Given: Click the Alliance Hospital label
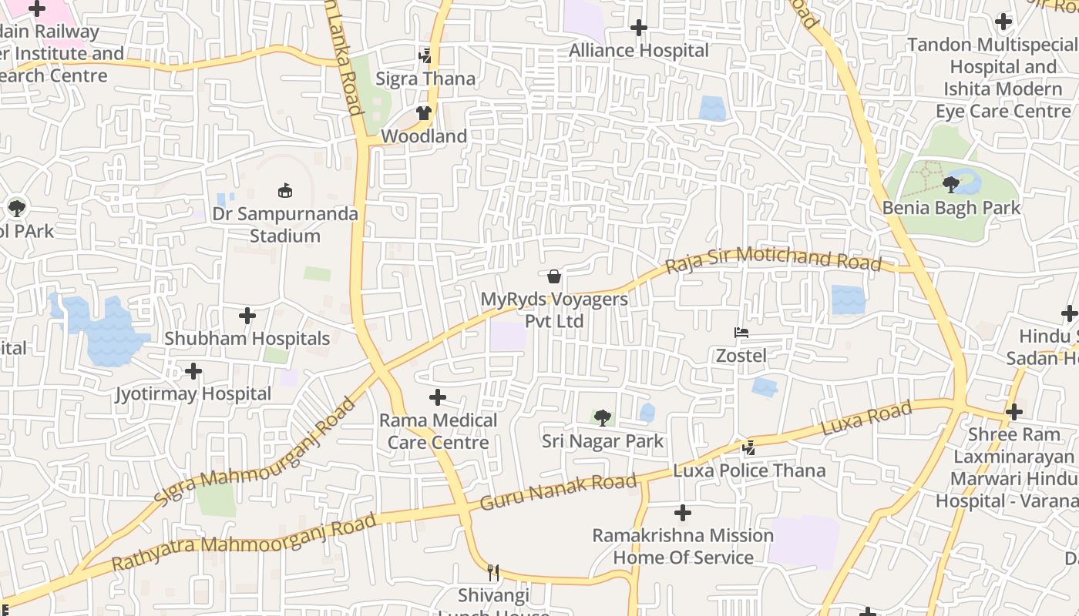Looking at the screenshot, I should click(638, 51).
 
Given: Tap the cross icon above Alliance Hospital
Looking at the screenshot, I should click(638, 28).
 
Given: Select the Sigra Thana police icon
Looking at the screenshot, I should click(425, 55).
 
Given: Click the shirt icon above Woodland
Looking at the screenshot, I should click(423, 113).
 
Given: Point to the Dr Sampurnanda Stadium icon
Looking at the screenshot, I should click(285, 190).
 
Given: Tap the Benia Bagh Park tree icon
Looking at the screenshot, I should click(951, 185).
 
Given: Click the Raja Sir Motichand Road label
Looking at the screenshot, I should click(773, 259).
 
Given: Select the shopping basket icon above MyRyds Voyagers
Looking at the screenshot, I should click(553, 276).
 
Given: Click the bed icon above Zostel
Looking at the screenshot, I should click(741, 333).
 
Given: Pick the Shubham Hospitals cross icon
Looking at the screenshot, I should click(247, 316).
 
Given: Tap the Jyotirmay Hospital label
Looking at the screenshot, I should click(193, 394).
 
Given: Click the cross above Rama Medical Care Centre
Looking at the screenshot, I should click(438, 397).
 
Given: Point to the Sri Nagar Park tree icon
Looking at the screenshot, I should click(602, 418).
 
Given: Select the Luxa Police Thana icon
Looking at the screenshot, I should click(748, 447).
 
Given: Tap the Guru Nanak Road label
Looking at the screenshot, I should click(559, 493).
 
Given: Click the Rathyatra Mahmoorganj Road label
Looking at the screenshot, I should click(244, 543).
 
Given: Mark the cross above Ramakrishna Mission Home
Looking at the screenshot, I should click(682, 513).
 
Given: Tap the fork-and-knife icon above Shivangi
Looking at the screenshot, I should click(493, 573).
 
